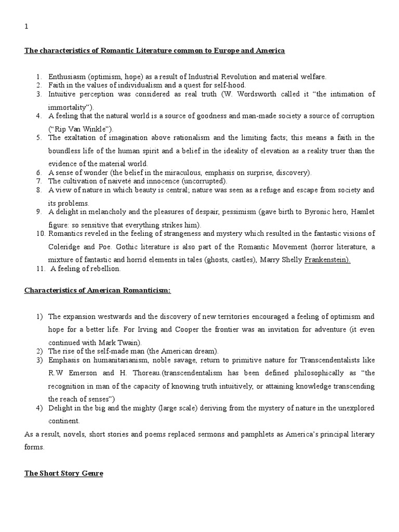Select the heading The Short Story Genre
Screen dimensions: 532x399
(x=63, y=474)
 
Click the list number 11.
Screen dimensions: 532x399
(x=41, y=269)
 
